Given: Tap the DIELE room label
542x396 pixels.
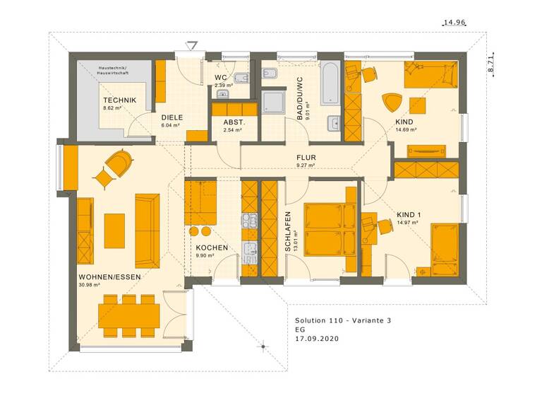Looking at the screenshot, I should pos(171,117).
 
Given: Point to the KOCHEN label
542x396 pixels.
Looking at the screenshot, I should pos(212,248).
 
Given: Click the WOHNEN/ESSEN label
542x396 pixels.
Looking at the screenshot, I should pos(109,276).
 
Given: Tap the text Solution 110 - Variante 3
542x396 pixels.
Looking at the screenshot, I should pos(342,320).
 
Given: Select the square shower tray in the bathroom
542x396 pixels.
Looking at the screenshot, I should pos(272,101).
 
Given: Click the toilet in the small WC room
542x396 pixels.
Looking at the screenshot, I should pos(240,77).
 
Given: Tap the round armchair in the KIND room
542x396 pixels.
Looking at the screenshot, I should pos(392,102).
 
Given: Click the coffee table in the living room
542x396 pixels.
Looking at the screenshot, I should pos(114,231).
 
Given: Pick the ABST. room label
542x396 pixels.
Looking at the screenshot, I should pos(232,122).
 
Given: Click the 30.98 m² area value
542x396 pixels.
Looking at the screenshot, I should pos(89,285).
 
